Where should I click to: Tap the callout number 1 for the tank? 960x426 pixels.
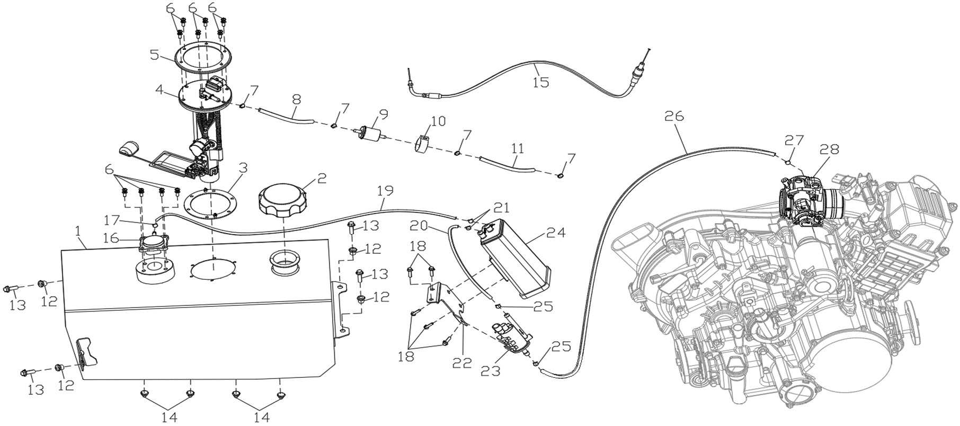(78, 232)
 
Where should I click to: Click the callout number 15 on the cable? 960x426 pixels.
(541, 83)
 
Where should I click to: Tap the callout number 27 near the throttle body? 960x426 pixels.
(794, 140)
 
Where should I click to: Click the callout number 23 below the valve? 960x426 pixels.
(490, 371)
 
